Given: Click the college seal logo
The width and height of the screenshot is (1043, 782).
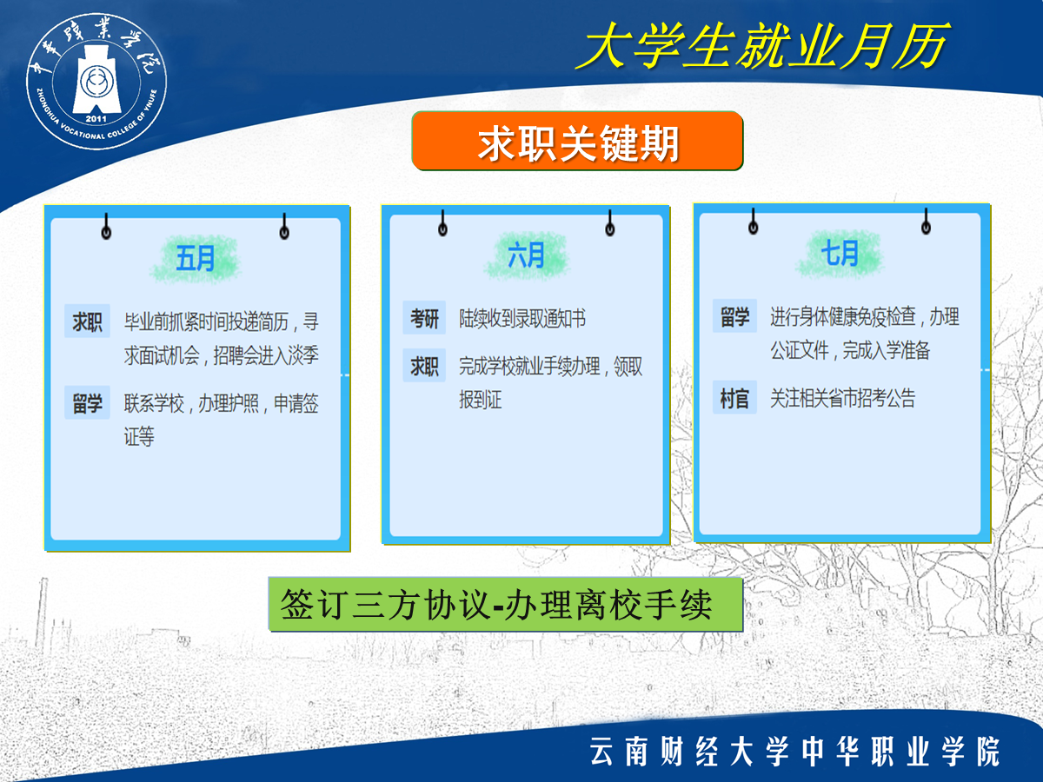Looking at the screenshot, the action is [96, 81].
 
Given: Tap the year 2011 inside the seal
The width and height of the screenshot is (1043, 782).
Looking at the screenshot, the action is [96, 119].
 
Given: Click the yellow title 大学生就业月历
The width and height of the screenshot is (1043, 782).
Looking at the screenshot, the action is [762, 46].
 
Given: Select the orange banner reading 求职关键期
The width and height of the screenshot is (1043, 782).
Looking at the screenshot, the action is [577, 141].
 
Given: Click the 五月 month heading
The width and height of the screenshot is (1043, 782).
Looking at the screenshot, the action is [196, 258].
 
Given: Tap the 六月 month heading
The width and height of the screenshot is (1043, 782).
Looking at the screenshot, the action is [526, 255].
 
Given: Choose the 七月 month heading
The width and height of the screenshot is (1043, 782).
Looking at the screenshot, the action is [840, 253].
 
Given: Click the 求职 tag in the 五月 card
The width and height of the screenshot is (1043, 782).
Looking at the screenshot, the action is [88, 321].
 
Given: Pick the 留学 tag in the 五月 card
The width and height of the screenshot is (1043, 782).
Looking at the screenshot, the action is [88, 402].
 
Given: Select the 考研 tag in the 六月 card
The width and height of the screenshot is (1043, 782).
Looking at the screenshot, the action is [424, 318].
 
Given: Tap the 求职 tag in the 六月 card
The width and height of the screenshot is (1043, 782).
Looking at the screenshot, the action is [424, 366].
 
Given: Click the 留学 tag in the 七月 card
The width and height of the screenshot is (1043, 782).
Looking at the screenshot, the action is [734, 316].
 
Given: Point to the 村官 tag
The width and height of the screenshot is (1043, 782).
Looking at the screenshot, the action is [734, 397].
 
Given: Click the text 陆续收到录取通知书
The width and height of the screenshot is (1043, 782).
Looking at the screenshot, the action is [522, 319].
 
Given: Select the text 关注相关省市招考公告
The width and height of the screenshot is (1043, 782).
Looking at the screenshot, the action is [842, 398].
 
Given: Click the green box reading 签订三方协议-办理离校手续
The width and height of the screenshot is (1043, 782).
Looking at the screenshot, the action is [505, 605].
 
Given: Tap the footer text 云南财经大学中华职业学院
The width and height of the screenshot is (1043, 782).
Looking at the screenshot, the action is [795, 751].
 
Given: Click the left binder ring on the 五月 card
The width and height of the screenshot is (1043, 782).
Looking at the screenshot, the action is [106, 227].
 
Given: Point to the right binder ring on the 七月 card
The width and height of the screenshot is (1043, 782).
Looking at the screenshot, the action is [927, 222].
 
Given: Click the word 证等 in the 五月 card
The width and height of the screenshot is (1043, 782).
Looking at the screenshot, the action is [139, 436].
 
